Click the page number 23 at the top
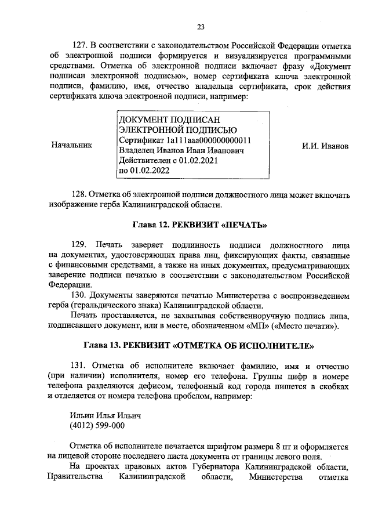click(x=201, y=26)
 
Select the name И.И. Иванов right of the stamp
click(x=325, y=146)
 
